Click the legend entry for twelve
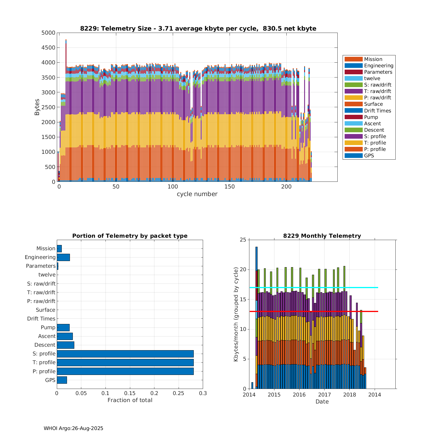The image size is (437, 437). point(372,78)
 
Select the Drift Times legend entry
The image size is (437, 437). point(377,111)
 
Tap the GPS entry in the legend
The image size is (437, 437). point(369,156)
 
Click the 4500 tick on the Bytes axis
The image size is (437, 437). point(48,47)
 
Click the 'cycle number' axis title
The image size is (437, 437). point(197,194)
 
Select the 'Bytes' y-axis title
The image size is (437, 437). point(37,107)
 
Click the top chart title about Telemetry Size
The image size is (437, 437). point(198,29)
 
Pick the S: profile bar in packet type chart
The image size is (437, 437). point(125,354)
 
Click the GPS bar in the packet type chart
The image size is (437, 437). point(62,380)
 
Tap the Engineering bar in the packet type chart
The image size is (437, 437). point(63,257)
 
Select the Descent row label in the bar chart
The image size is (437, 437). point(45,345)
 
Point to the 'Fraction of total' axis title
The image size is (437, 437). point(130,400)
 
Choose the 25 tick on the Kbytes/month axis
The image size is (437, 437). point(243,240)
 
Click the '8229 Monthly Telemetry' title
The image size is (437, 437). point(322,236)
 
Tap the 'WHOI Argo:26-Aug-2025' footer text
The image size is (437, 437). point(73,428)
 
